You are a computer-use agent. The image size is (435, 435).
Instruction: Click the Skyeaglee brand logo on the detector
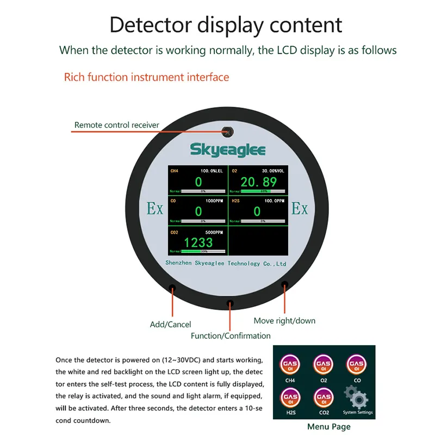(x=228, y=150)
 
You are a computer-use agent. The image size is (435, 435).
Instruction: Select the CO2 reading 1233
(x=198, y=242)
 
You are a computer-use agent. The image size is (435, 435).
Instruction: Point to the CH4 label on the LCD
(x=174, y=171)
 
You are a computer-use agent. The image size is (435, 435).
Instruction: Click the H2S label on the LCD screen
(x=235, y=201)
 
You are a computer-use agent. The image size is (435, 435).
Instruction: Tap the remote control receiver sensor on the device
(x=228, y=132)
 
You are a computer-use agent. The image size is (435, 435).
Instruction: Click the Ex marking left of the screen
(x=155, y=209)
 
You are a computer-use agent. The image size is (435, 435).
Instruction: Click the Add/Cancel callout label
(x=170, y=325)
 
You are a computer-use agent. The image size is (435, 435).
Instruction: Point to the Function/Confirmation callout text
(x=231, y=335)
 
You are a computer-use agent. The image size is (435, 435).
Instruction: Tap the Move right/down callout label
(x=284, y=320)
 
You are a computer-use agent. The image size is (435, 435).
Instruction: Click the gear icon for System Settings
(x=356, y=399)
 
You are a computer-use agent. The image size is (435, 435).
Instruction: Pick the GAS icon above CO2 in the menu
(x=324, y=396)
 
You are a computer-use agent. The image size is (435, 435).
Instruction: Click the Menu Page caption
(x=329, y=427)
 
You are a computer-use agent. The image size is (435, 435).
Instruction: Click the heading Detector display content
(x=226, y=25)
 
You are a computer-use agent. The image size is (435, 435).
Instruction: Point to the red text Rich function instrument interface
(x=146, y=77)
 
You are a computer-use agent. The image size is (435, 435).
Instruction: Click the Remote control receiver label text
(x=117, y=125)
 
